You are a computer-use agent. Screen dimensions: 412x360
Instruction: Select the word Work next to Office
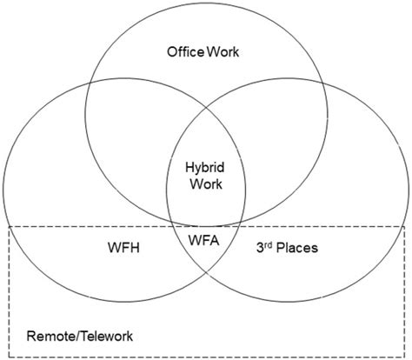pos(223,52)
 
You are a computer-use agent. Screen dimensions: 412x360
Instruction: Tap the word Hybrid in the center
pos(205,168)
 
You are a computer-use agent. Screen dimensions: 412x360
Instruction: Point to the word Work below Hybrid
pos(206,184)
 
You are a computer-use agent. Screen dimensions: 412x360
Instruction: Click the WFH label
pos(123,248)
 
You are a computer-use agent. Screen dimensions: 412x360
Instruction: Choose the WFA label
pos(203,240)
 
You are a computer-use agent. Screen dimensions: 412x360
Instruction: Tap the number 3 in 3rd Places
pos(260,248)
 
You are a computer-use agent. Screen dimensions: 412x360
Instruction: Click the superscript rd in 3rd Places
pos(268,245)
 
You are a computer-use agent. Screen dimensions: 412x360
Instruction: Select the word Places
pos(297,248)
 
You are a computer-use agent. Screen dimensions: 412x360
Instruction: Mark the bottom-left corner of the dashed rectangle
pos(9,357)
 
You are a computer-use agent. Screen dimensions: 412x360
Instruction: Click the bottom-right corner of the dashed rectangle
pos(404,357)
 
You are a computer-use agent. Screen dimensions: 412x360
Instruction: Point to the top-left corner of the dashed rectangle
pos(9,227)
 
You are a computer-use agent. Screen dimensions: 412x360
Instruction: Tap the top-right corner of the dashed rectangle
pos(404,227)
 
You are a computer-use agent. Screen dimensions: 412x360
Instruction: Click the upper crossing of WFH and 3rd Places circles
pos(206,108)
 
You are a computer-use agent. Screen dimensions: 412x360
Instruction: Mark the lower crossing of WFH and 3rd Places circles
pos(206,272)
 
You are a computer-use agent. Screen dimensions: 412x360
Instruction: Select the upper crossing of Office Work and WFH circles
pos(90,83)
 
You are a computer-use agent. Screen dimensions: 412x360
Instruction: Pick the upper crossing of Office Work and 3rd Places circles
pos(322,83)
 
